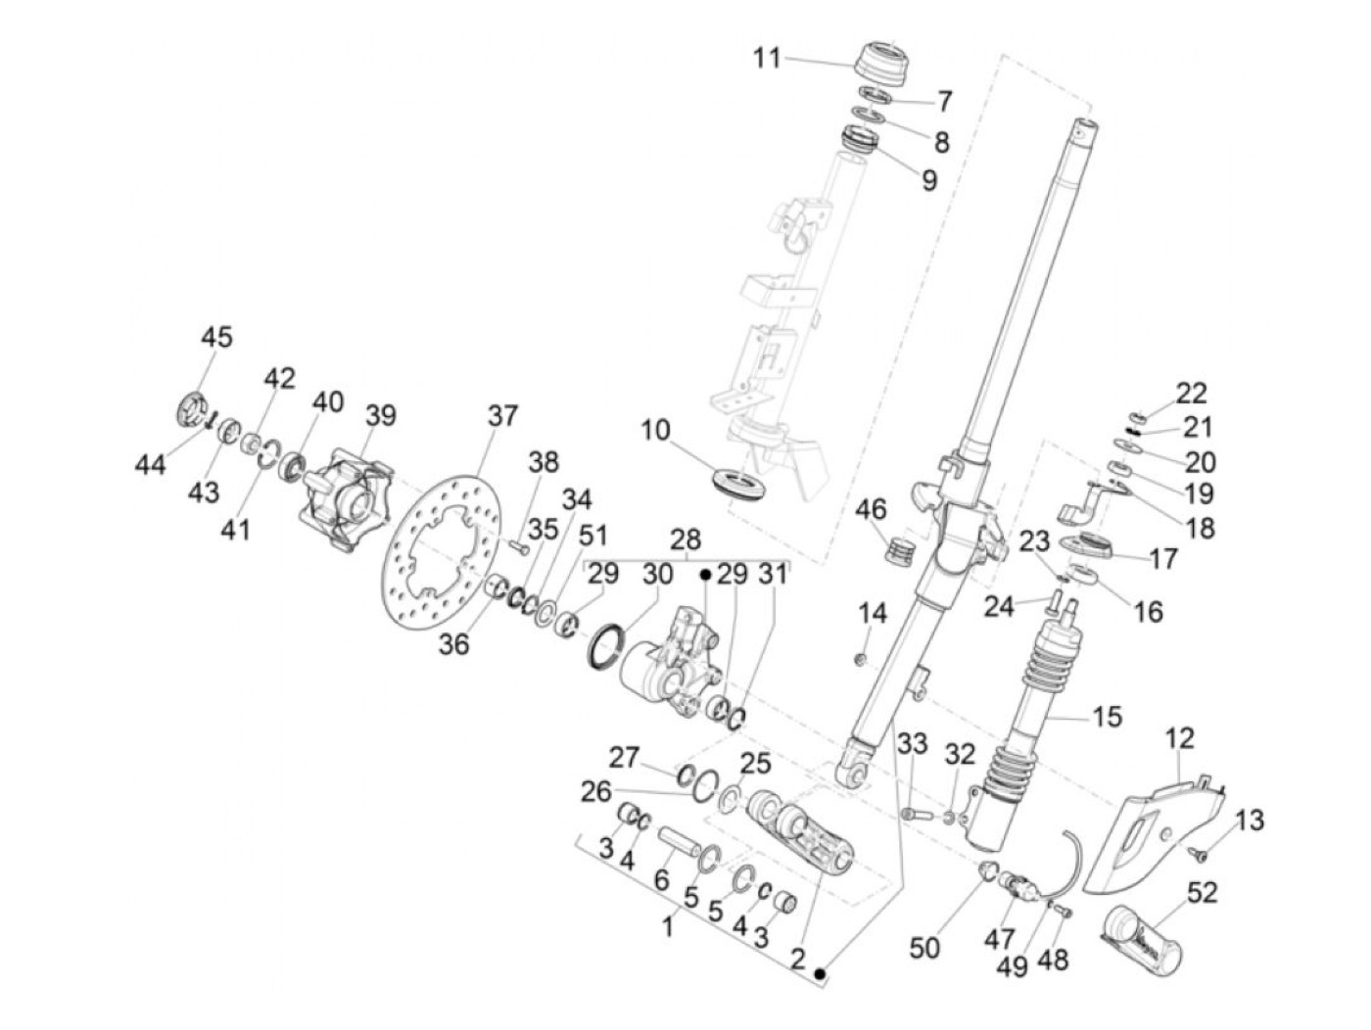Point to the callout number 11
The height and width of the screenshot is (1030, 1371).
767,59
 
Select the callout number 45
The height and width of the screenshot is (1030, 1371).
216,337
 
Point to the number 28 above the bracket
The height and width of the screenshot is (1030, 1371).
685,539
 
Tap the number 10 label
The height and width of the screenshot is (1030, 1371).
655,430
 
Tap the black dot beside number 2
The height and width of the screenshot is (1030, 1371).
820,973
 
